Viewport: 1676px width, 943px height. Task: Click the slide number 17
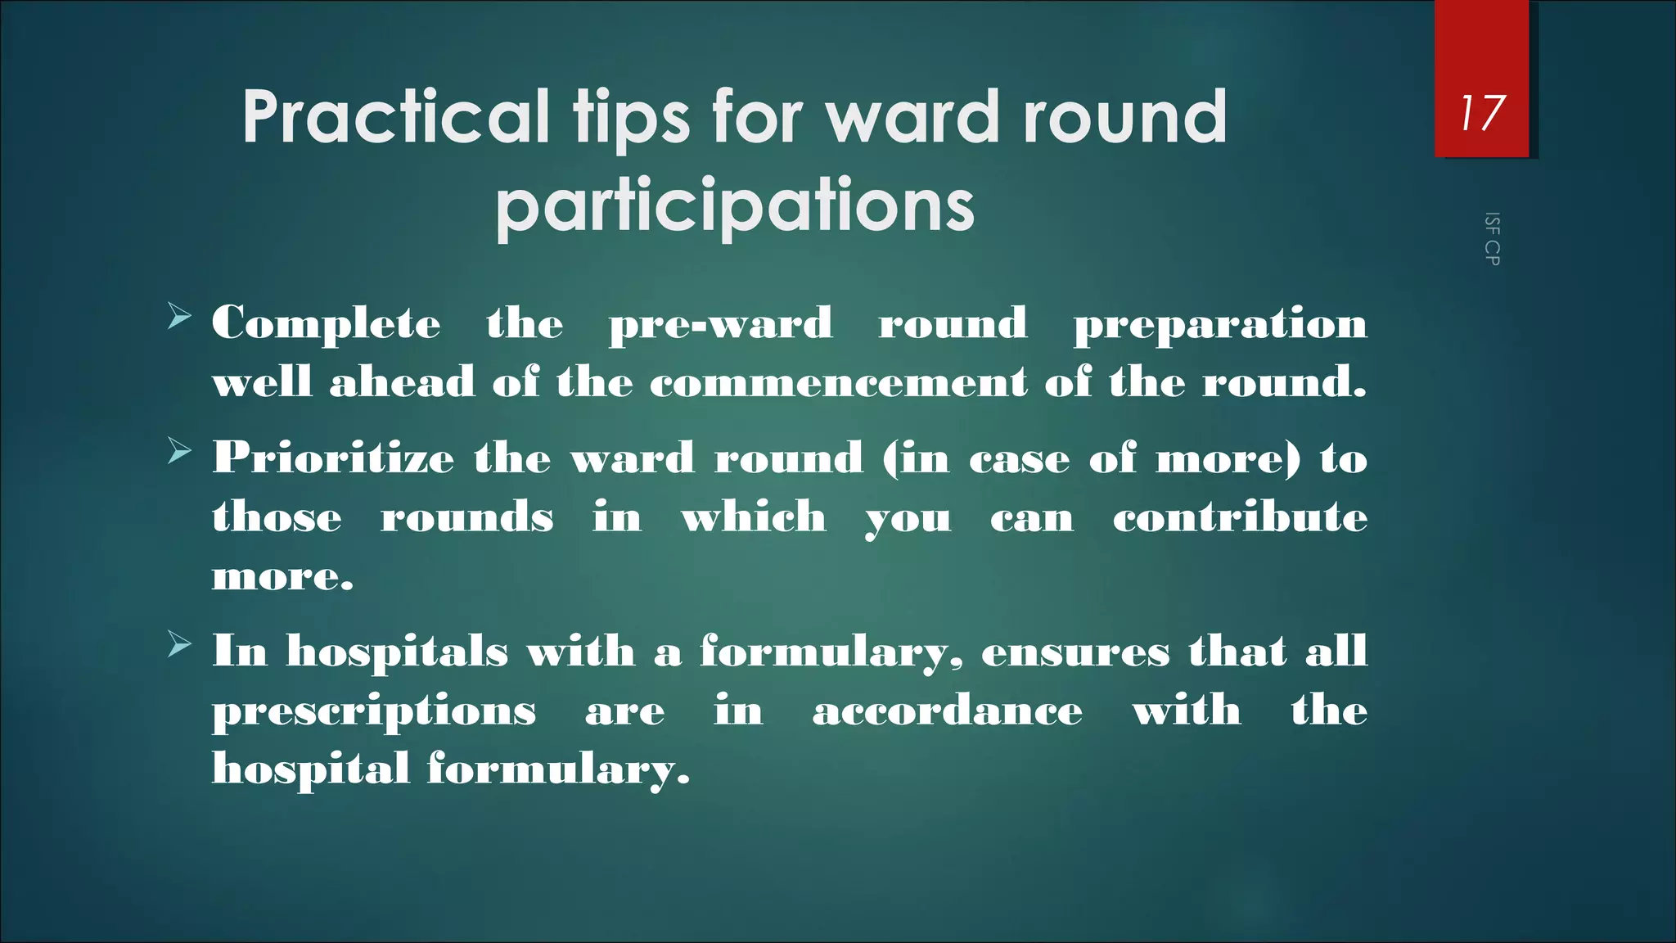click(x=1481, y=113)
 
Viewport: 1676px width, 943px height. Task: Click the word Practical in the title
click(x=395, y=116)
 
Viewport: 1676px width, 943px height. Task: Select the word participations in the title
click(x=735, y=205)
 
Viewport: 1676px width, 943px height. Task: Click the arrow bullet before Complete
click(x=179, y=316)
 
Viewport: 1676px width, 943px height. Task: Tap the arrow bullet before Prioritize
click(x=179, y=451)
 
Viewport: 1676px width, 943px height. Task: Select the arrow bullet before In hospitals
click(x=179, y=645)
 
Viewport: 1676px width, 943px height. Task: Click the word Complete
click(x=326, y=323)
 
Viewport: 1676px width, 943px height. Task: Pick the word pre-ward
click(x=720, y=323)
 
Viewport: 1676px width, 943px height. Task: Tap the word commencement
click(x=838, y=382)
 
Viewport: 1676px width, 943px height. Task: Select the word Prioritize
click(x=333, y=458)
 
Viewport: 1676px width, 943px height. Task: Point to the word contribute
click(x=1240, y=517)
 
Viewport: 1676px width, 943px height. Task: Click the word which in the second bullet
click(x=754, y=517)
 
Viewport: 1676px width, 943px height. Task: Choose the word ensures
click(x=1075, y=652)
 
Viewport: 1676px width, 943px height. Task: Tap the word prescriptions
click(x=374, y=711)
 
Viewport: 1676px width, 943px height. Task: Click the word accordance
click(x=947, y=710)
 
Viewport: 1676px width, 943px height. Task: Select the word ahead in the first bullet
click(x=402, y=382)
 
